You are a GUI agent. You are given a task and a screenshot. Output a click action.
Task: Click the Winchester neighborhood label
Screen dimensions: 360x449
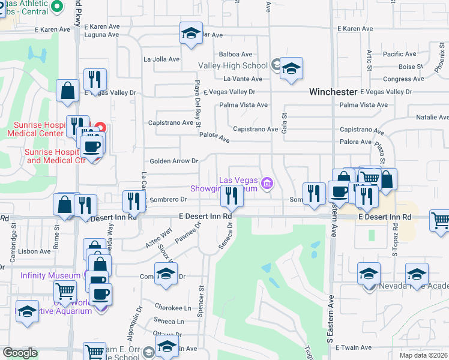tap(333, 92)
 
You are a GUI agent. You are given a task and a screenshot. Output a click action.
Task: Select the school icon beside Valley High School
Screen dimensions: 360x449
tap(291, 70)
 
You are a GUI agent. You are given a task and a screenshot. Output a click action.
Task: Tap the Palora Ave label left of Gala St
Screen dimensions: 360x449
tap(215, 139)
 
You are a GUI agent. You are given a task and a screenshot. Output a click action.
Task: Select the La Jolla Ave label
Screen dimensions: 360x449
tap(161, 59)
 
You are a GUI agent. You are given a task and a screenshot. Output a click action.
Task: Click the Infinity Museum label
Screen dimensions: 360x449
tap(50, 275)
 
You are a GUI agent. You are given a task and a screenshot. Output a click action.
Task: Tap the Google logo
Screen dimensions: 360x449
tap(20, 353)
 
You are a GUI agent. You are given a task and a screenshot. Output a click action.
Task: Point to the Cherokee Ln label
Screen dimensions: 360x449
tap(172, 307)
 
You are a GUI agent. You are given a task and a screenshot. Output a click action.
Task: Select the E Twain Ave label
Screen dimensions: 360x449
tap(355, 347)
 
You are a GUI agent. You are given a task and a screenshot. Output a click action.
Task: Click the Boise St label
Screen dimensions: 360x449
tap(411, 67)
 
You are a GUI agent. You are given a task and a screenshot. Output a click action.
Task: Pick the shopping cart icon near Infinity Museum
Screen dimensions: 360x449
tap(65, 292)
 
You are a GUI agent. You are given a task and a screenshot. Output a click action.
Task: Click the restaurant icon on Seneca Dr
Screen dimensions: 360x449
tap(231, 196)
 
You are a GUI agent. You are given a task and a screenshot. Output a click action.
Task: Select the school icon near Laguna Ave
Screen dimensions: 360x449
tap(191, 34)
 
